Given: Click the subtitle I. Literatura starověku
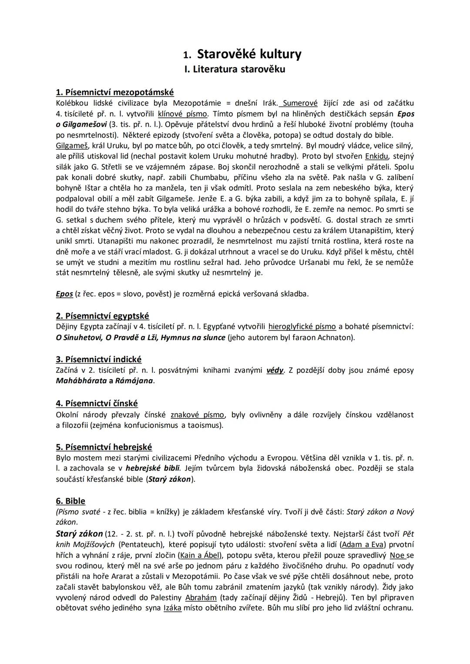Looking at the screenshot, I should coord(235,69).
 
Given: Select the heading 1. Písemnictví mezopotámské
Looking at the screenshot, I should coord(115,92).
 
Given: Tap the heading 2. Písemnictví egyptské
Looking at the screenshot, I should coord(102,316).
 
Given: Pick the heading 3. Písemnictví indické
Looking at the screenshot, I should coord(99,359).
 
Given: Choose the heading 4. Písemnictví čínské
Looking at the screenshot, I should coord(97,403).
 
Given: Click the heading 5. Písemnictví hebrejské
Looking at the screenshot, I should coord(104,447).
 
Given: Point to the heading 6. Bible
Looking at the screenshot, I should coord(70,501).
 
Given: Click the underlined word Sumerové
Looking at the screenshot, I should coord(300,103).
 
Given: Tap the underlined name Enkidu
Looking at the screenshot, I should coord(377,156).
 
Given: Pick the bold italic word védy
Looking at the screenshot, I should coord(275,370).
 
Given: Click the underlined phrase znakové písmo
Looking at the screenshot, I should coord(197,414).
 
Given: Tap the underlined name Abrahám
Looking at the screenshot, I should coord(201,597).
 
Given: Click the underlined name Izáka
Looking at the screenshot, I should coord(172,608).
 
